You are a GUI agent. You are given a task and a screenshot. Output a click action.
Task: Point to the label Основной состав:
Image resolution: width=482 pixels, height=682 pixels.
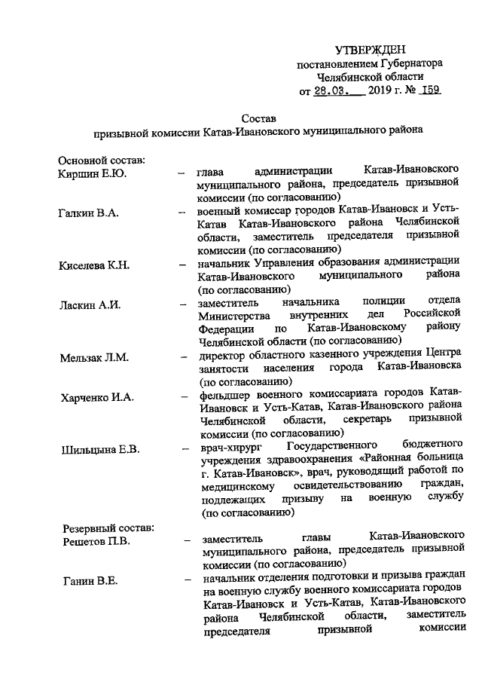point(102,160)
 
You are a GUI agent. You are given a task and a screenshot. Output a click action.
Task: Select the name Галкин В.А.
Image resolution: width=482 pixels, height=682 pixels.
point(88,213)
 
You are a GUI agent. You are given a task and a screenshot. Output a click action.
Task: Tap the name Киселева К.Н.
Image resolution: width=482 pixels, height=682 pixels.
point(95,265)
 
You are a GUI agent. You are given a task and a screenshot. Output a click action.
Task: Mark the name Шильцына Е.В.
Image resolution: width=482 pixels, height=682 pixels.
point(99,450)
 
